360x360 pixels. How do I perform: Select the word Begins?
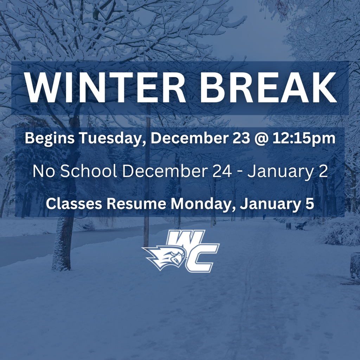pyautogui.click(x=50, y=139)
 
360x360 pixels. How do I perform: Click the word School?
pyautogui.click(x=89, y=171)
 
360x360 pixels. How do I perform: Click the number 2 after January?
pyautogui.click(x=323, y=171)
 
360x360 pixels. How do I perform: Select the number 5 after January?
pyautogui.click(x=309, y=204)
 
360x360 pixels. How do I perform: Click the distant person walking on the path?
pyautogui.click(x=264, y=217)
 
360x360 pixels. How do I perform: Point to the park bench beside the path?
pyautogui.click(x=301, y=225)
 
